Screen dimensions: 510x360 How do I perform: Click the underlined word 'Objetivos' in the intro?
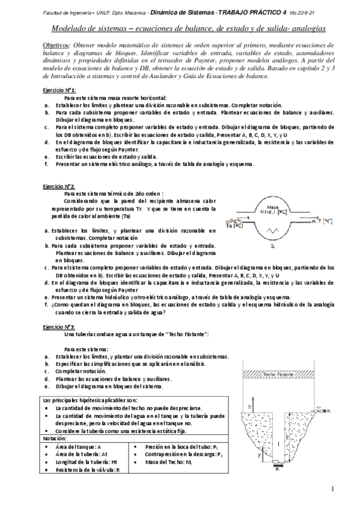[56, 45]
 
